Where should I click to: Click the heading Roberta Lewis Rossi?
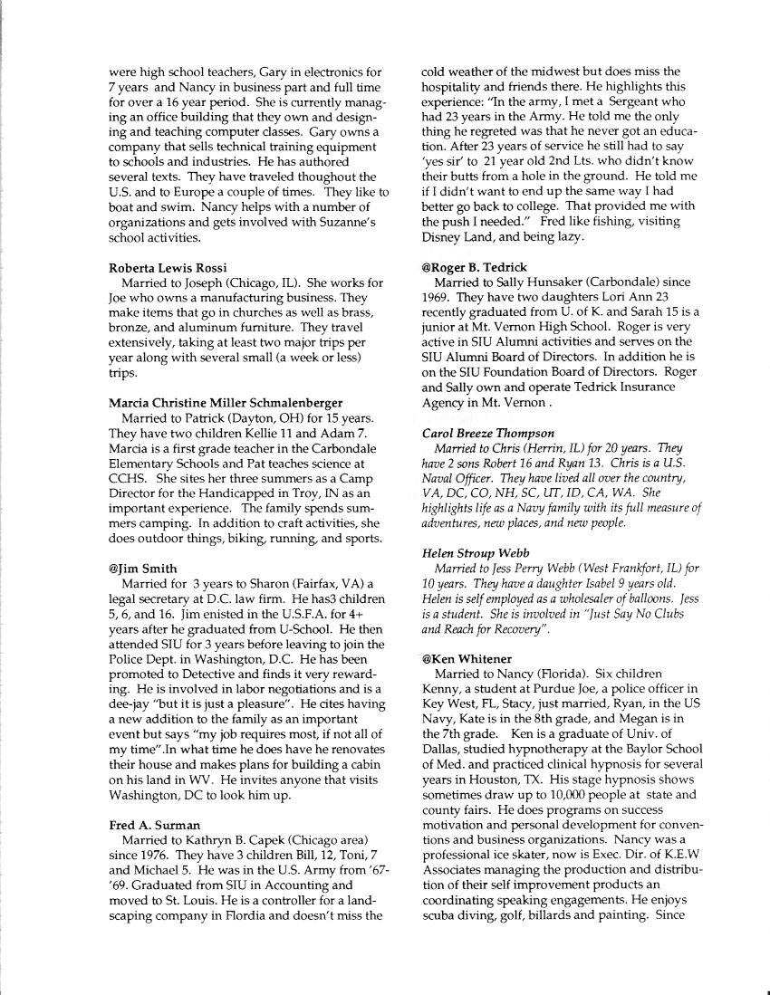[168, 268]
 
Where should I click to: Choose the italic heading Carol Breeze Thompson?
[488, 434]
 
